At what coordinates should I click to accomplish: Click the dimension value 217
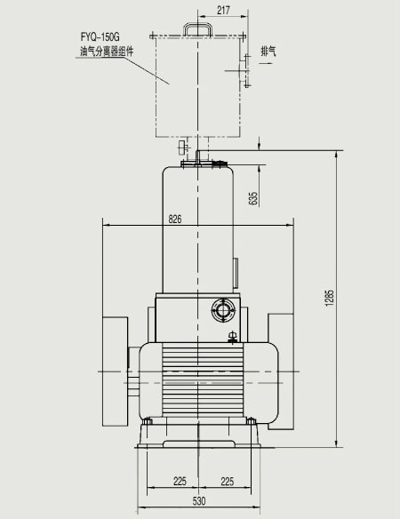pyautogui.click(x=223, y=11)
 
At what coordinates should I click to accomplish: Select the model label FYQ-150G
pyautogui.click(x=100, y=36)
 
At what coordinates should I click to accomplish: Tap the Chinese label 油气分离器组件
pyautogui.click(x=107, y=52)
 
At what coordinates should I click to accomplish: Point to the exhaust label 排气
pyautogui.click(x=268, y=51)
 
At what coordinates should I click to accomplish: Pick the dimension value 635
pyautogui.click(x=253, y=198)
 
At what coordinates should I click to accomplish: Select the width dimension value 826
pyautogui.click(x=175, y=219)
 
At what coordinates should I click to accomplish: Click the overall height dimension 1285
pyautogui.click(x=330, y=298)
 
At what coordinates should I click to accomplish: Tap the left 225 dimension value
pyautogui.click(x=180, y=481)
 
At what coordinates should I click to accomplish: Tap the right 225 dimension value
pyautogui.click(x=228, y=481)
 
